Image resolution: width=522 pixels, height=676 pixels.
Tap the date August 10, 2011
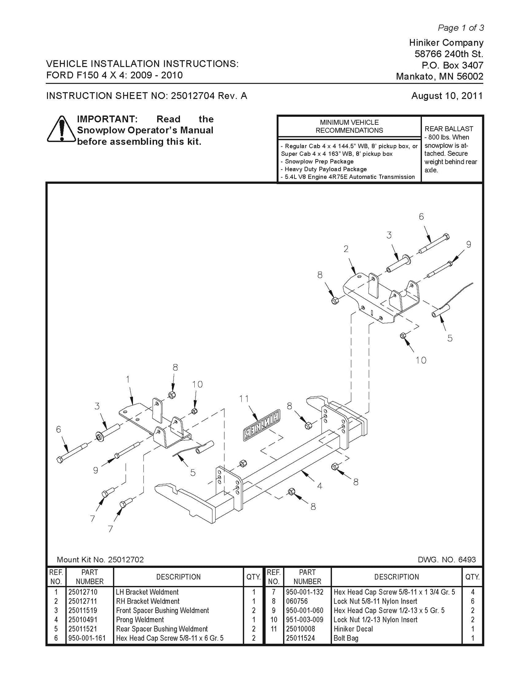coord(447,96)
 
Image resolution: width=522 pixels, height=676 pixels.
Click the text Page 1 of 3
coord(461,28)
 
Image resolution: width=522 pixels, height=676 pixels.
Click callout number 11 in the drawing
coord(244,398)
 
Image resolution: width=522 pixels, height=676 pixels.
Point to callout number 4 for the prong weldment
coord(319,486)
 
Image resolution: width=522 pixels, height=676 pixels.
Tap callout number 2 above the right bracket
coord(346,249)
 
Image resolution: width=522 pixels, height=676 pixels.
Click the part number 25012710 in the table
coord(83,592)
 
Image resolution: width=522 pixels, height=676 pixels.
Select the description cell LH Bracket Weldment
coord(147,592)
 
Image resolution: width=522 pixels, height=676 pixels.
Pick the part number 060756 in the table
coord(297,601)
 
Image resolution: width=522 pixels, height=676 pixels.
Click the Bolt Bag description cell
coord(346,638)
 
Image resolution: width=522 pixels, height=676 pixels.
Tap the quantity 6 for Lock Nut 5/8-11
coord(473,601)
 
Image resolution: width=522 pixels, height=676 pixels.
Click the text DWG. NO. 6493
coord(447,560)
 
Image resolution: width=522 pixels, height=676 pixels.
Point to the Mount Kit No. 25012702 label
coord(100,560)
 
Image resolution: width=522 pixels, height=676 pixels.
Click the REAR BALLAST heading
coord(449,129)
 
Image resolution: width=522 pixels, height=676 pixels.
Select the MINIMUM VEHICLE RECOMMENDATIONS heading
coord(349,126)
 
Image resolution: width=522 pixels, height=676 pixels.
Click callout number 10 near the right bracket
coord(421,360)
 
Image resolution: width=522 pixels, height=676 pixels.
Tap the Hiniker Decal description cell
coord(353,629)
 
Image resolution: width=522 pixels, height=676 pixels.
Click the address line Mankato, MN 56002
coord(440,77)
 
